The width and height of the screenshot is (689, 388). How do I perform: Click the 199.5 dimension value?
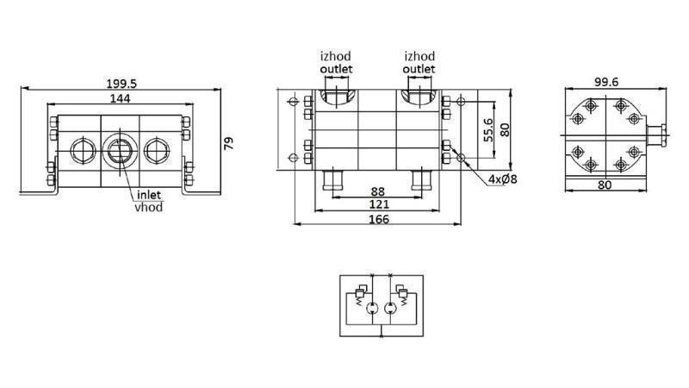121,83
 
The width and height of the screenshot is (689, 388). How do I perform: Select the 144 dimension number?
120,100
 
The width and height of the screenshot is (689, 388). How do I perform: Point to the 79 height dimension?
229,142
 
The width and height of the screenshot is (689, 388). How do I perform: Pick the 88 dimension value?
378,191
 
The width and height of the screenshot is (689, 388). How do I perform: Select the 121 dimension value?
378,204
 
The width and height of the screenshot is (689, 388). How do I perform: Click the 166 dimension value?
378,219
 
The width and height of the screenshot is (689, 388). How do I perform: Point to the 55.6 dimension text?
488,130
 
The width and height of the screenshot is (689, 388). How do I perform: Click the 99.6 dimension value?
608,82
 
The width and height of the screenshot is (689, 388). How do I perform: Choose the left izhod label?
336,57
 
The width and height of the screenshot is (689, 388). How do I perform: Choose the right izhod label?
419,57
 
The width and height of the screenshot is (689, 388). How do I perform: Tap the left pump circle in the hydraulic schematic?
368,308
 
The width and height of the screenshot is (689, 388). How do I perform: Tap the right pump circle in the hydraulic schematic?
390,308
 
